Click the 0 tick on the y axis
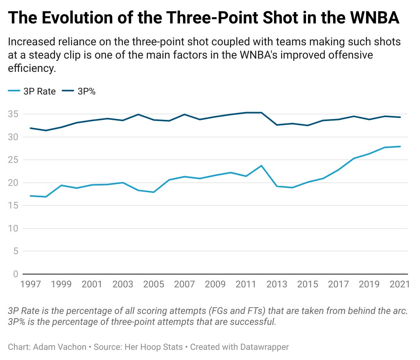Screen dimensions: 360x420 (x=16, y=274)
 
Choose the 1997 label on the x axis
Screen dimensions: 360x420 (x=30, y=284)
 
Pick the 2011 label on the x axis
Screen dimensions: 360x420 (x=246, y=284)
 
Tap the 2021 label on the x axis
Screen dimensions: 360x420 (x=399, y=284)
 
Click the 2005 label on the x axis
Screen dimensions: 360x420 (x=153, y=284)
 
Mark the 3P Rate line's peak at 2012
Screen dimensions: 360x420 (x=261, y=166)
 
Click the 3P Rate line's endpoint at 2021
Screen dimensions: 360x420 (x=400, y=146)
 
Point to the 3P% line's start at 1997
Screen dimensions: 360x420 (x=30, y=128)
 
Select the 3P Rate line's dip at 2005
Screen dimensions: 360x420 (x=153, y=192)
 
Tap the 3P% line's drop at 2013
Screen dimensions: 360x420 (x=277, y=125)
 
